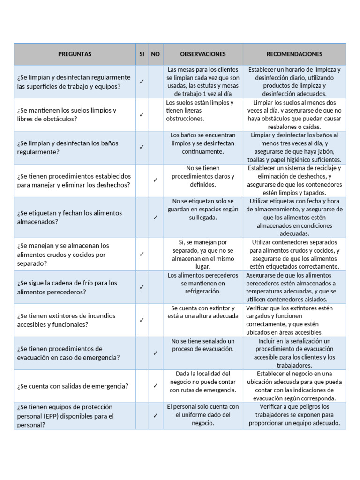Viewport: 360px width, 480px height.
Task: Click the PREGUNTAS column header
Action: coord(75,54)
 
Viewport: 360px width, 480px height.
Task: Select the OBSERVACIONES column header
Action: coord(196,54)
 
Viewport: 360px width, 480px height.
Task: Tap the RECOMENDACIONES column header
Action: coord(294,54)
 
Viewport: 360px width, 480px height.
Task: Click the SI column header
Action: coord(142,54)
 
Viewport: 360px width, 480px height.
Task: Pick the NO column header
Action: coord(155,54)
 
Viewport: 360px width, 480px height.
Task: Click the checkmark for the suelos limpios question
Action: coord(142,114)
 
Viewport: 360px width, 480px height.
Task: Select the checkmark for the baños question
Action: coord(142,147)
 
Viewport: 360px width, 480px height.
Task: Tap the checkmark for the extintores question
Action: coord(142,320)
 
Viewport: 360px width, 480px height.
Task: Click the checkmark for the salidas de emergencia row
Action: coord(155,386)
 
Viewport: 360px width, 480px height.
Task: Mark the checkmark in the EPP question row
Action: coord(155,416)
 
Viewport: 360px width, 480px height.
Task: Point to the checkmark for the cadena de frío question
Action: coord(142,287)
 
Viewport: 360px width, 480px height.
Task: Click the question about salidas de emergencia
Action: coord(73,386)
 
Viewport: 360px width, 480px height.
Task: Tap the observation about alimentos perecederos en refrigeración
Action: coord(202,283)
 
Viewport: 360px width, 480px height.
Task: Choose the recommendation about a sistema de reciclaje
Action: coord(294,180)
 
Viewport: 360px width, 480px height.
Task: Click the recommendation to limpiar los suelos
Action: coord(294,114)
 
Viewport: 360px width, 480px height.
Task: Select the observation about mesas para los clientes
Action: coord(202,82)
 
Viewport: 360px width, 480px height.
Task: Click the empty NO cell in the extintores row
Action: coord(155,320)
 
